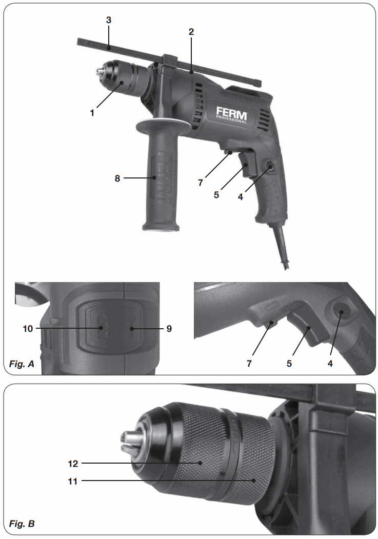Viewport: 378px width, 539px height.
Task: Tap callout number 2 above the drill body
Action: (x=191, y=32)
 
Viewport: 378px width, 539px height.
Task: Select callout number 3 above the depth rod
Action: (x=108, y=20)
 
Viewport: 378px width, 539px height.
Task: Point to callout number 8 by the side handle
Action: (x=117, y=178)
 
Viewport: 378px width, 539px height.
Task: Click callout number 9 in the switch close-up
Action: (x=169, y=328)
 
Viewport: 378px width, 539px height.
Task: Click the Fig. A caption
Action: (x=22, y=365)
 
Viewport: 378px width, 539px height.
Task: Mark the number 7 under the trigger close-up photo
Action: (x=250, y=364)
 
